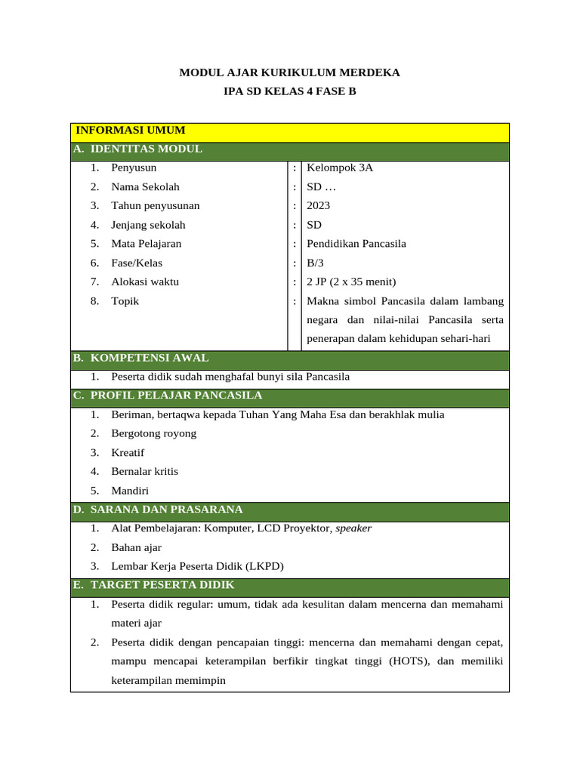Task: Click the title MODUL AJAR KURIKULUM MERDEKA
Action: coord(289,73)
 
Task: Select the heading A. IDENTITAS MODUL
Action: coord(137,149)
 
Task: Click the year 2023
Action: coord(319,205)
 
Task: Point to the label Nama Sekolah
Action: coord(145,186)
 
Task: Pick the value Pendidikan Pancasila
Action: coord(356,244)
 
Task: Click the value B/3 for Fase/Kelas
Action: coord(314,263)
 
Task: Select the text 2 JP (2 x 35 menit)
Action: coord(351,282)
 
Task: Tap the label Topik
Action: coord(125,301)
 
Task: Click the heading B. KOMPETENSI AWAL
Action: coord(140,358)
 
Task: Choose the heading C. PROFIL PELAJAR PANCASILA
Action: coord(168,396)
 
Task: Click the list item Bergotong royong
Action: coord(153,433)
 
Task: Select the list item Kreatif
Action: coord(128,453)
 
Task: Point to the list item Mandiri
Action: coord(130,491)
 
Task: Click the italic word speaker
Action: coord(353,528)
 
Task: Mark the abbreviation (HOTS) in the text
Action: coord(409,661)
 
